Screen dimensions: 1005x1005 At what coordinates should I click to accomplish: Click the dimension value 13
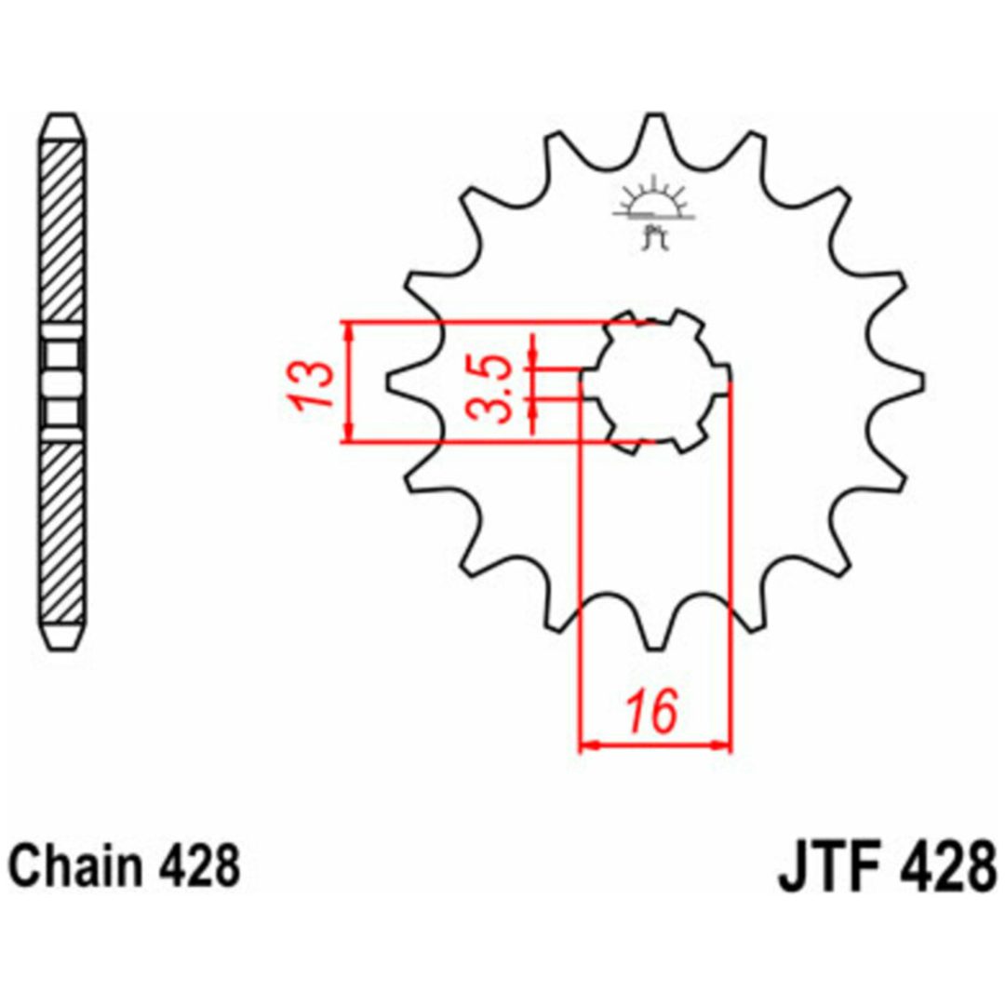tap(309, 384)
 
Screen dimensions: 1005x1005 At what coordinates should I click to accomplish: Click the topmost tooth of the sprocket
tap(654, 131)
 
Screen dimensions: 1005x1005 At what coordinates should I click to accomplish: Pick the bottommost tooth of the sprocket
tap(654, 631)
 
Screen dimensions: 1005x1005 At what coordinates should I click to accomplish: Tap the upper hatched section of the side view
tap(62, 232)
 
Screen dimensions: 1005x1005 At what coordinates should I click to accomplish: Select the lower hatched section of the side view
tap(62, 532)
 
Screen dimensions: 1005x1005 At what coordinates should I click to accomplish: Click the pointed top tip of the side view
tap(63, 115)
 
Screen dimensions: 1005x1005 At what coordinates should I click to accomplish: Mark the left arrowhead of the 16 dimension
tap(588, 745)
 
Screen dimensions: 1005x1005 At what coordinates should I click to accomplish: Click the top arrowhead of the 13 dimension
tap(349, 330)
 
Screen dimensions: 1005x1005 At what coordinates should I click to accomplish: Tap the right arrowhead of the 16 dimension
tap(721, 745)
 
